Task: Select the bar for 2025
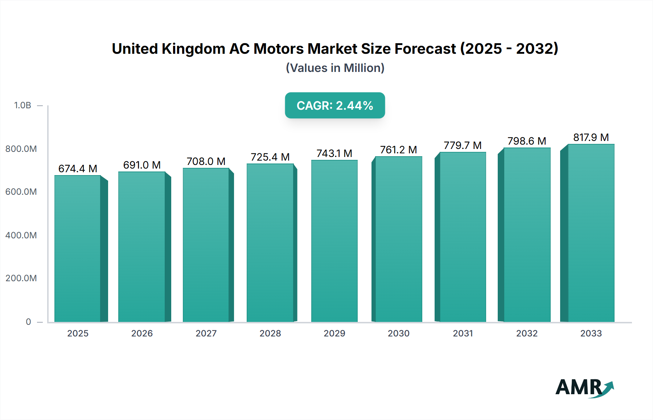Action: tap(78, 249)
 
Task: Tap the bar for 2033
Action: tap(591, 233)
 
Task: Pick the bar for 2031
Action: tap(463, 237)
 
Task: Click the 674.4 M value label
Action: tap(78, 169)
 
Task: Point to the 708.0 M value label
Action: tap(206, 161)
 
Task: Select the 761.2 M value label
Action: tap(398, 150)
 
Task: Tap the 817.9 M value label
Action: tap(591, 137)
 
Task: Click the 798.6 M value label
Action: tap(527, 141)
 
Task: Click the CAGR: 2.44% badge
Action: tap(335, 105)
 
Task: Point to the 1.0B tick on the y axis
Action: tap(22, 105)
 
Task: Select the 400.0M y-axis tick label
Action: tap(21, 235)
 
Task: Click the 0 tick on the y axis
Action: tap(28, 322)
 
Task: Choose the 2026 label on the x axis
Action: tap(142, 333)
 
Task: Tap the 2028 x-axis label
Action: tap(270, 333)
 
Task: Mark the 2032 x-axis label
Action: tap(527, 333)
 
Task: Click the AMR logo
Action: tap(584, 388)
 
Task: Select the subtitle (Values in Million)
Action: tap(335, 68)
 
